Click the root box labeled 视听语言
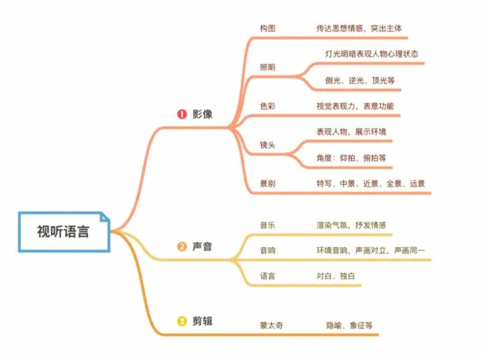(x=63, y=232)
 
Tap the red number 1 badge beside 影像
(x=182, y=114)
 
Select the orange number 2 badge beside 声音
(x=182, y=246)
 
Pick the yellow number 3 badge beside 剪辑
(x=182, y=322)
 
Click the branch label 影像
(x=202, y=114)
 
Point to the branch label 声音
(x=202, y=246)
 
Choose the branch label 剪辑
(x=202, y=322)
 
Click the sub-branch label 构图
(x=267, y=28)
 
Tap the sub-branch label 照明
(x=267, y=67)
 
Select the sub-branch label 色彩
(x=267, y=106)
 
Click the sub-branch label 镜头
(x=267, y=145)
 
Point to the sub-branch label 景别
(x=267, y=184)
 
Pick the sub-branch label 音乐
(x=267, y=225)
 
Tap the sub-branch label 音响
(x=267, y=250)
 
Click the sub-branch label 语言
(x=267, y=276)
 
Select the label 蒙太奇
(x=272, y=325)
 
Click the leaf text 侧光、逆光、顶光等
(x=360, y=81)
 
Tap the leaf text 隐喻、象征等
(x=349, y=325)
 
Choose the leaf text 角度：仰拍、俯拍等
(x=351, y=158)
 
